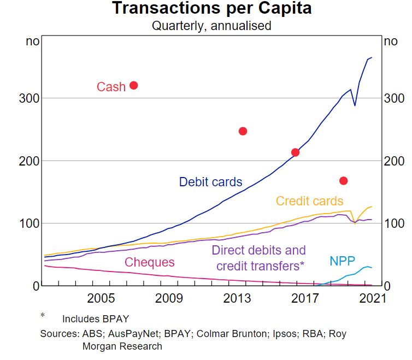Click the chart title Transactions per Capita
click(x=211, y=9)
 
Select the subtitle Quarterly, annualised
click(x=211, y=25)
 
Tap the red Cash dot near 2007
click(x=133, y=85)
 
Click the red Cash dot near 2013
click(x=243, y=131)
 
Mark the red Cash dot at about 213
click(x=295, y=152)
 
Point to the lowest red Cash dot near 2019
click(x=344, y=181)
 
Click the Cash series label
click(x=111, y=87)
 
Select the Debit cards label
click(x=210, y=182)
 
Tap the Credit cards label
click(x=309, y=201)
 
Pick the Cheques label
click(x=149, y=262)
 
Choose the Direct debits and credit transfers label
click(x=258, y=258)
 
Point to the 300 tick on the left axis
click(x=27, y=98)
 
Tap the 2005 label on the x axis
click(x=101, y=299)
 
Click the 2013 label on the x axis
click(x=237, y=299)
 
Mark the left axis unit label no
click(x=32, y=42)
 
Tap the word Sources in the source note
click(x=57, y=333)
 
